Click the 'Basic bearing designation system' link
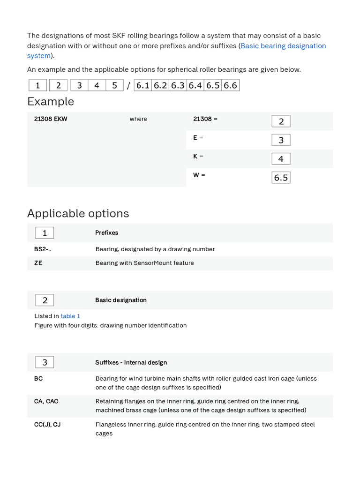[x=283, y=46]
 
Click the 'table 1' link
[x=70, y=316]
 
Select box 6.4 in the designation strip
[x=195, y=85]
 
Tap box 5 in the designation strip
[x=114, y=85]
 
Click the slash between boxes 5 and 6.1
[x=128, y=86]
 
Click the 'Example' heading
[x=51, y=101]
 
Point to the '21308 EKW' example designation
[x=51, y=119]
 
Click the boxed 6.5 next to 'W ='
[x=281, y=178]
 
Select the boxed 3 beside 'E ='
[x=281, y=140]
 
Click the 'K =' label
[x=198, y=157]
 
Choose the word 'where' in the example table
[x=138, y=119]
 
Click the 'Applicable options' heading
[x=78, y=213]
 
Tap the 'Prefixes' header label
[x=106, y=232]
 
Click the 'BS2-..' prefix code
[x=43, y=249]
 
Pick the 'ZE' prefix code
[x=38, y=263]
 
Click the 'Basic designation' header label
[x=120, y=300]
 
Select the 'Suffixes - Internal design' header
[x=131, y=362]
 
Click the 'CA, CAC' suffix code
[x=46, y=401]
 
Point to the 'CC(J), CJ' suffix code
[x=47, y=425]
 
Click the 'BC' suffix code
[x=38, y=378]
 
